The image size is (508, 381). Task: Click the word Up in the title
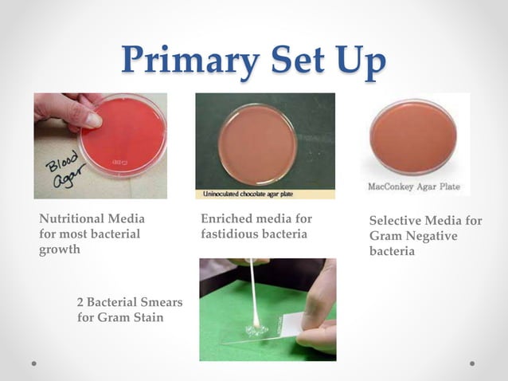pos(358,62)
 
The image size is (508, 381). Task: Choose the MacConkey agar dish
pos(413,136)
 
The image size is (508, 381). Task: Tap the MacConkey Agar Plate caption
pos(412,187)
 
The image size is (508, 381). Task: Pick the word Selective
pos(395,221)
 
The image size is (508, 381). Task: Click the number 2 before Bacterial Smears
pos(80,302)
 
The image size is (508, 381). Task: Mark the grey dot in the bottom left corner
pos(34,363)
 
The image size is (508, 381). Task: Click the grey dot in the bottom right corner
pos(472,363)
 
